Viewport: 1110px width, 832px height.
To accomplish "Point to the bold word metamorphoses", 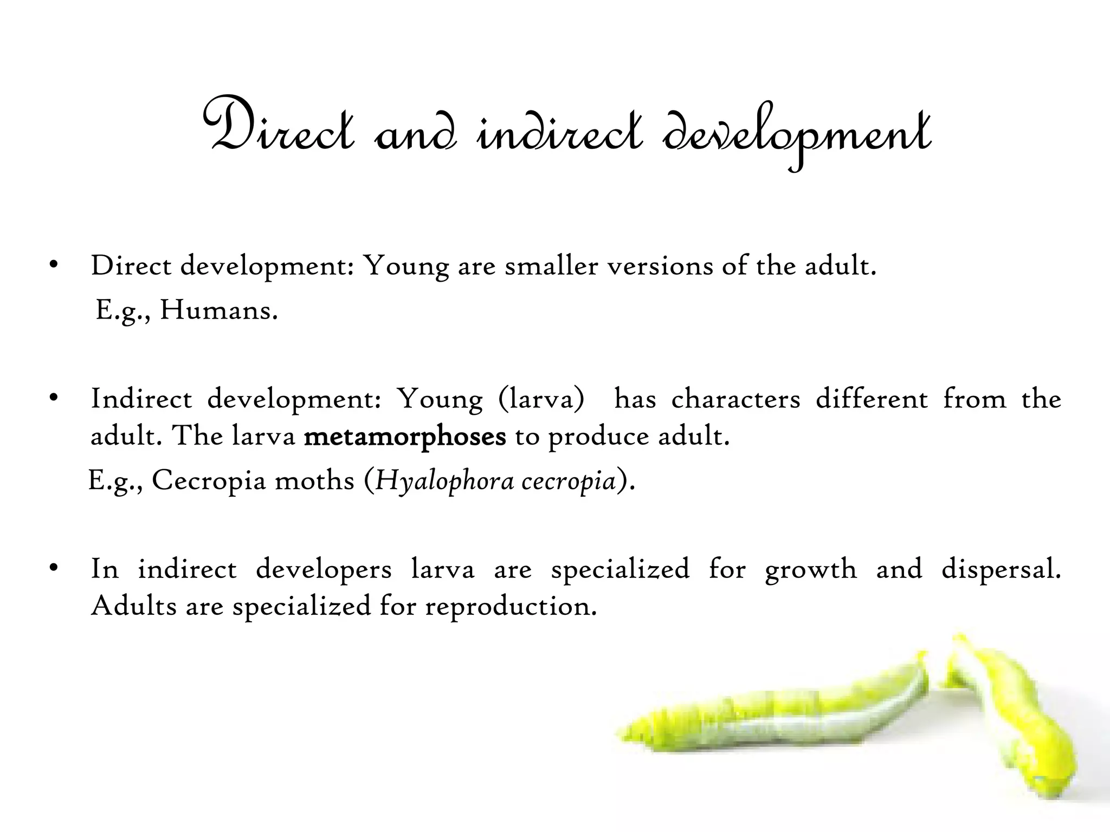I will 405,436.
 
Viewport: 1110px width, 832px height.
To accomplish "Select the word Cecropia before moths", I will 209,480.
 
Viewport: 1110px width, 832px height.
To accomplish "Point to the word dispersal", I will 1001,569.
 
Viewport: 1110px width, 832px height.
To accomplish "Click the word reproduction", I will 511,606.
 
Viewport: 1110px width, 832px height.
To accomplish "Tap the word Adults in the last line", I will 134,606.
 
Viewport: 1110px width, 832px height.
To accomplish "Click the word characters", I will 735,400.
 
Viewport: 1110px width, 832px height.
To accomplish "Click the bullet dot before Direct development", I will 53,265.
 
